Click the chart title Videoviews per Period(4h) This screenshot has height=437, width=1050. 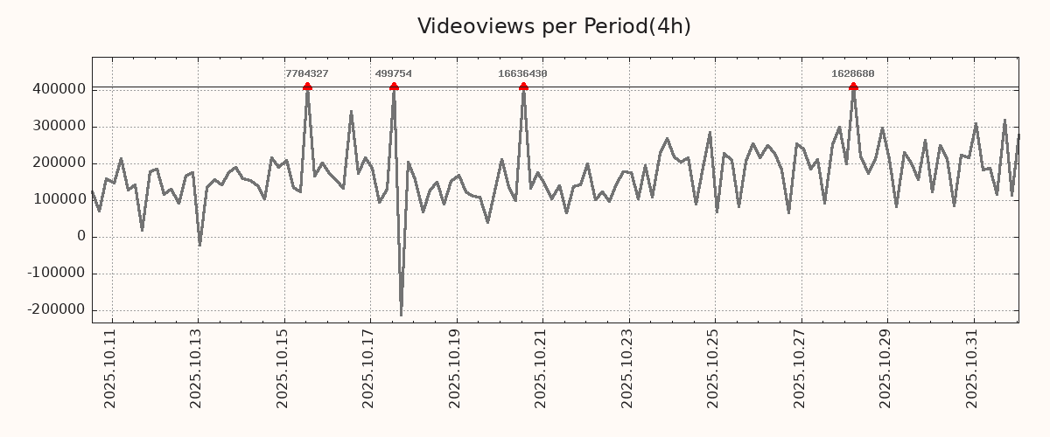tap(554, 26)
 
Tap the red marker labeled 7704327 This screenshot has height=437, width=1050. tap(307, 87)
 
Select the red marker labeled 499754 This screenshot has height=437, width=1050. tap(394, 87)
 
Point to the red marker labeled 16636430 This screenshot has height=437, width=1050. tap(523, 87)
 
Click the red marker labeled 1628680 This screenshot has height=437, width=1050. tap(853, 87)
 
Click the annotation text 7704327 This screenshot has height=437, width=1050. tap(307, 74)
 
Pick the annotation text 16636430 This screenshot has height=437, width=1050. tap(522, 74)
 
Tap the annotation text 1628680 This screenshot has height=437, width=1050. tap(853, 74)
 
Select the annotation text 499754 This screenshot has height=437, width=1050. tap(394, 74)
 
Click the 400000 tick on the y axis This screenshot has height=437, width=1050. tap(59, 89)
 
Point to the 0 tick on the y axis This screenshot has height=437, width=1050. tap(81, 237)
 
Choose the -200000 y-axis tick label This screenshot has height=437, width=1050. tap(56, 310)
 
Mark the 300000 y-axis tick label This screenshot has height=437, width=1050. tap(59, 127)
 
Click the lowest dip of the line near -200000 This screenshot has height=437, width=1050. tap(401, 315)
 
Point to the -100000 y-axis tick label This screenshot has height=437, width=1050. tap(56, 274)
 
